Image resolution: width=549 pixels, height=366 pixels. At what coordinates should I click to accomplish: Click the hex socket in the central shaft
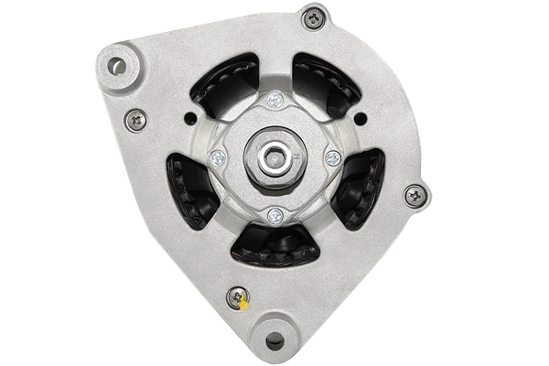point(274,158)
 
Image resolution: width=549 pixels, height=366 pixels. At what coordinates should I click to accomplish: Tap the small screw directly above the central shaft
point(274,100)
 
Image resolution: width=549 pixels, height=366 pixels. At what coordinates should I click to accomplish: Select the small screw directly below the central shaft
point(274,216)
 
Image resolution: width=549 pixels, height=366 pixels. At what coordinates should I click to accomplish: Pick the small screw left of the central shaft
point(217,157)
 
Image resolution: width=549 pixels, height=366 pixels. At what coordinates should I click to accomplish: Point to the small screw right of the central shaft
point(332,158)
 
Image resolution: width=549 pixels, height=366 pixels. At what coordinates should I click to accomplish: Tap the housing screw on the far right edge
point(414,195)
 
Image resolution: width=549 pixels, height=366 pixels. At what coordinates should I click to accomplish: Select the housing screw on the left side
point(135,119)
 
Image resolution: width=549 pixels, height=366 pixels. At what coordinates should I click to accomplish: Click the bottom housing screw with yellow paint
point(238,296)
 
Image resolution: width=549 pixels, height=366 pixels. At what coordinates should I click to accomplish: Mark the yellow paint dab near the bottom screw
point(244,305)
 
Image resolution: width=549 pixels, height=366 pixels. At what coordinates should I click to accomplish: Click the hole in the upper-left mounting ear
point(116,66)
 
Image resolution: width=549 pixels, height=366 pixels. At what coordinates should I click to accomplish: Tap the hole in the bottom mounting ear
point(274,341)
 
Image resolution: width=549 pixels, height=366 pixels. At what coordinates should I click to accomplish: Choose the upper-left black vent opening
point(226,85)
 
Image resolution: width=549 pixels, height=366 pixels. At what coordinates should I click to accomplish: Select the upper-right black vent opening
point(324,85)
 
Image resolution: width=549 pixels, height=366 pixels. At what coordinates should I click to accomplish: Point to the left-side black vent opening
point(190,188)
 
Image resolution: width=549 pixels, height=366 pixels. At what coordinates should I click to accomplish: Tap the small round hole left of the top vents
point(189,118)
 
